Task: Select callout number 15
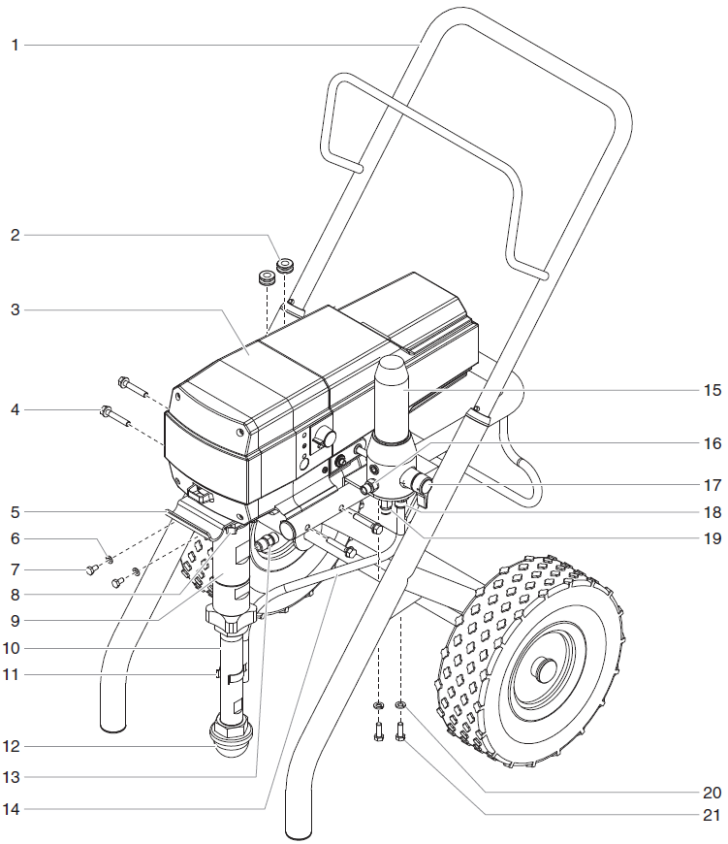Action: (712, 390)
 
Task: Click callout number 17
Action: (712, 484)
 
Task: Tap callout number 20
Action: (712, 792)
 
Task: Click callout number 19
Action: (712, 536)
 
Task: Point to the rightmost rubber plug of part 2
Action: (286, 265)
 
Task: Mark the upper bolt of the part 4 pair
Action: (130, 382)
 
